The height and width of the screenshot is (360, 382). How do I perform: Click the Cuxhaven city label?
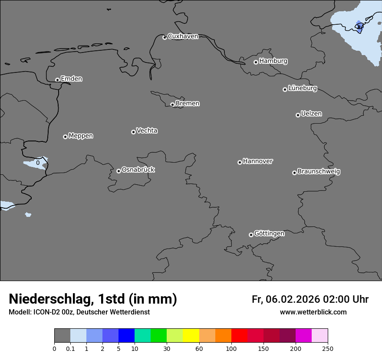[x=183, y=36]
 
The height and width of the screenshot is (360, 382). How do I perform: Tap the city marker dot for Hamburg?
[x=256, y=62]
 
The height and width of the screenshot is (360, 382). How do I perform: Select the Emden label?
[x=71, y=79]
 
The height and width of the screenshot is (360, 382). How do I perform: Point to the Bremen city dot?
[x=172, y=105]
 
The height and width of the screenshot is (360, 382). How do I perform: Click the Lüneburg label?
[x=302, y=88]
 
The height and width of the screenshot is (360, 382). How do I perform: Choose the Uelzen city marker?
[x=298, y=115]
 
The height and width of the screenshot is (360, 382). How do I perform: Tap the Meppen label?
[x=81, y=136]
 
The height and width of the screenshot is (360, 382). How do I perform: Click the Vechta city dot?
[x=133, y=132]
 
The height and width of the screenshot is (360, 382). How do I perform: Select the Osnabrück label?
[x=138, y=170]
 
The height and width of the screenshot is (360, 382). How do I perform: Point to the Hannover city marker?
[x=240, y=162]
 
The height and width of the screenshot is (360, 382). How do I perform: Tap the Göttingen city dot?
[x=251, y=235]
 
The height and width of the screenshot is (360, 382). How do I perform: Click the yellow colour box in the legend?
[x=191, y=336]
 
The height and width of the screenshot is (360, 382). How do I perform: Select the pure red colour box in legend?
[x=239, y=336]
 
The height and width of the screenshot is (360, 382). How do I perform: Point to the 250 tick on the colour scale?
[x=327, y=348]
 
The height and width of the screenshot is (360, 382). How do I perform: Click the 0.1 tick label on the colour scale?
[x=70, y=348]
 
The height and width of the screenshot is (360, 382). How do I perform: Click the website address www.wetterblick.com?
[x=313, y=312]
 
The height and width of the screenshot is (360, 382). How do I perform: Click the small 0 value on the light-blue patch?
[x=38, y=163]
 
